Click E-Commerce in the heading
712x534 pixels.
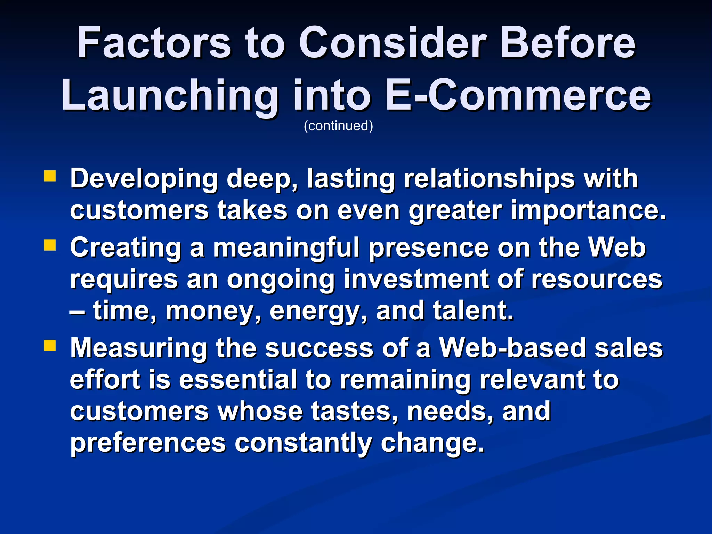tap(518, 95)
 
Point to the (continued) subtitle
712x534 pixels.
tap(338, 126)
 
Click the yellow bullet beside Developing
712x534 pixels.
tap(50, 176)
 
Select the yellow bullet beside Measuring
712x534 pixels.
tap(50, 346)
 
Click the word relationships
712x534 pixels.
tap(489, 179)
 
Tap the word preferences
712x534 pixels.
tap(148, 443)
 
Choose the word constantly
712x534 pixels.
tap(303, 443)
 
